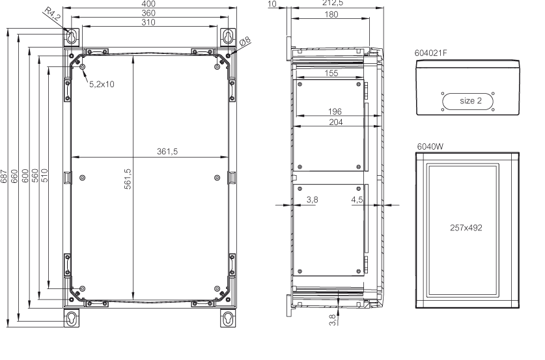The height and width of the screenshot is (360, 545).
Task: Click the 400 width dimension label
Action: click(x=148, y=3)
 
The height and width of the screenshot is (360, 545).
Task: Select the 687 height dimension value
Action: click(x=4, y=176)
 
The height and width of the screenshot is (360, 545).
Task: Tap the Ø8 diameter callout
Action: click(x=245, y=42)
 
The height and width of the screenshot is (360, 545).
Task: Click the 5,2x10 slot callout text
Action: click(x=102, y=84)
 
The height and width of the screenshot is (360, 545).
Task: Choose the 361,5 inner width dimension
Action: click(x=167, y=152)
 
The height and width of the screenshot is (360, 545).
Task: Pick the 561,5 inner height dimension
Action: click(x=128, y=179)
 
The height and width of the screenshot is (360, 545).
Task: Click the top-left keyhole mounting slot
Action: click(x=72, y=37)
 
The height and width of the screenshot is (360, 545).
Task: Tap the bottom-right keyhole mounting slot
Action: click(x=228, y=318)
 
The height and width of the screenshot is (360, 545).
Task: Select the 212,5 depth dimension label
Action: click(x=333, y=3)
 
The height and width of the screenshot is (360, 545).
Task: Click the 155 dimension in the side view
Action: click(x=331, y=74)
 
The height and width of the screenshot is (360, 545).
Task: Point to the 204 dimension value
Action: click(x=336, y=122)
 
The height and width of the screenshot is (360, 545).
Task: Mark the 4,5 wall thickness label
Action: click(x=357, y=200)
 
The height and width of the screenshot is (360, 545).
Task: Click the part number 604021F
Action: click(x=430, y=53)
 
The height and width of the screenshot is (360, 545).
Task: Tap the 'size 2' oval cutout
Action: click(x=468, y=102)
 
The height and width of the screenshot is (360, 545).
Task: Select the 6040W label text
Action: click(x=430, y=146)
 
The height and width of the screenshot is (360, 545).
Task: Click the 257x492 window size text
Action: click(x=466, y=228)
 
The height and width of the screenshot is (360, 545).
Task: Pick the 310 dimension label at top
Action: click(x=148, y=22)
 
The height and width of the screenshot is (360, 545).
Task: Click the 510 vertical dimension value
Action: click(x=44, y=176)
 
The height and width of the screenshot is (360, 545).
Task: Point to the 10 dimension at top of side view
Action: click(x=272, y=4)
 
